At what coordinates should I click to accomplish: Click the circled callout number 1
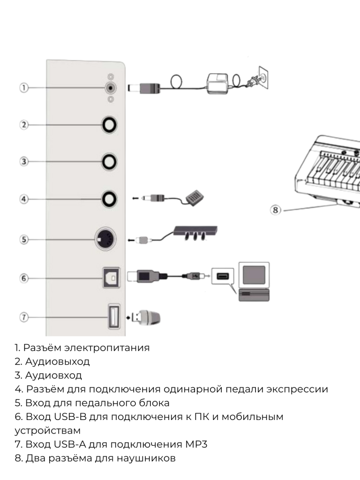coord(23,87)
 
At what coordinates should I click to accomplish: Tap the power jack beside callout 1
coord(110,87)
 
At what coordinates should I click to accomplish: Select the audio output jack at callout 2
coord(109,125)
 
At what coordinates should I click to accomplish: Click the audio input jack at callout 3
coord(109,162)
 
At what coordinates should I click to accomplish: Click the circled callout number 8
coord(276,210)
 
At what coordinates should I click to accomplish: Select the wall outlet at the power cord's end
coord(262,79)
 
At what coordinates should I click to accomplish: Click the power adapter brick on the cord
coord(218,83)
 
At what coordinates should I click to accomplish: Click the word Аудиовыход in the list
coord(57,362)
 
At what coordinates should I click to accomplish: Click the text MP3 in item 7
coord(196,444)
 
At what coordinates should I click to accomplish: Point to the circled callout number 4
coord(23,199)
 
